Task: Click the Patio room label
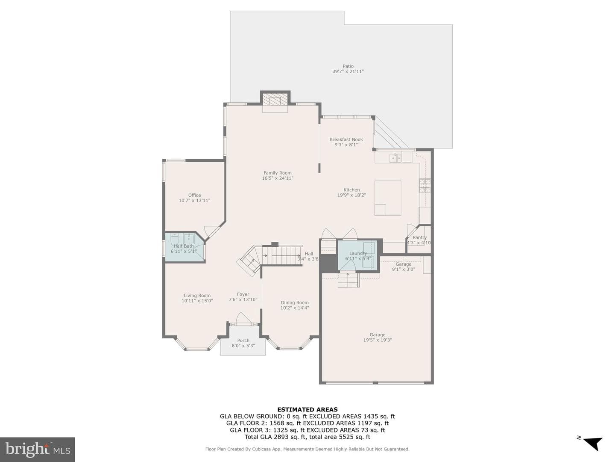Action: [348, 66]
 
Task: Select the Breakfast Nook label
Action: [346, 139]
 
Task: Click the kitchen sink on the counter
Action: [395, 158]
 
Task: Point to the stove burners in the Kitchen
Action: [425, 186]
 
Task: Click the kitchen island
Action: [388, 198]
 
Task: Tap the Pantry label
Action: [419, 237]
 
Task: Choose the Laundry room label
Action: [358, 253]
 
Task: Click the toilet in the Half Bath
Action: [175, 239]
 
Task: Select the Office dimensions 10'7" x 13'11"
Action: [194, 201]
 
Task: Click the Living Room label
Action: [197, 295]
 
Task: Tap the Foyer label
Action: [243, 294]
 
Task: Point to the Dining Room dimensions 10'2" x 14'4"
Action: [295, 308]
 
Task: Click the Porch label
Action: [243, 340]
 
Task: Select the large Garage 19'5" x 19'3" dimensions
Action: [378, 340]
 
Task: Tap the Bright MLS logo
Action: [38, 449]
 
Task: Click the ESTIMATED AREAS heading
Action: [307, 409]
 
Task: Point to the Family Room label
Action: [277, 173]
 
